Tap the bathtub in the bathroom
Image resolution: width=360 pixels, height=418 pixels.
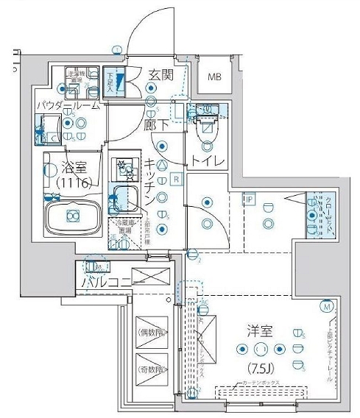(x=72, y=216)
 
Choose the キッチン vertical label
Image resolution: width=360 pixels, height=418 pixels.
(x=149, y=181)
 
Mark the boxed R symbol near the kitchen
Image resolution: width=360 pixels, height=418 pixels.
(x=177, y=179)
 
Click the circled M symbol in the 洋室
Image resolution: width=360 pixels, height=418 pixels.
(x=326, y=306)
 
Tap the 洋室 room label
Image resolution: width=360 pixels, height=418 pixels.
(x=261, y=332)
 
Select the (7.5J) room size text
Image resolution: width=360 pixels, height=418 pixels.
(x=261, y=366)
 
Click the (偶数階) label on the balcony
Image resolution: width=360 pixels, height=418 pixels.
(x=152, y=332)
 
